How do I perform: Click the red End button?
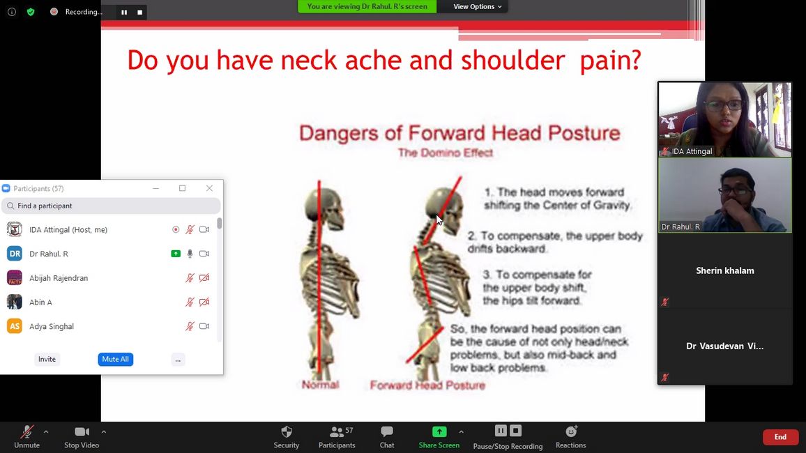click(x=780, y=437)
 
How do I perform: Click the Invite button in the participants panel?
click(x=47, y=359)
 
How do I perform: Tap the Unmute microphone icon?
click(x=26, y=432)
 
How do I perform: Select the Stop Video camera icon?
click(x=82, y=432)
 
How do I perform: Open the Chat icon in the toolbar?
click(x=387, y=431)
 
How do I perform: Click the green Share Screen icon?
click(x=439, y=431)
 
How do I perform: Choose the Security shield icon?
click(x=287, y=431)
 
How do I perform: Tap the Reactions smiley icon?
click(x=571, y=431)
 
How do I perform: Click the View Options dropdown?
click(x=477, y=7)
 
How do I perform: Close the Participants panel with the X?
click(x=209, y=188)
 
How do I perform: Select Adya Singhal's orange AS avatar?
click(x=15, y=326)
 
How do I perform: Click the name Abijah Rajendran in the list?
click(x=59, y=278)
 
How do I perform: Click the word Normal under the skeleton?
click(x=320, y=385)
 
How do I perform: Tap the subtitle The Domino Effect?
click(x=445, y=153)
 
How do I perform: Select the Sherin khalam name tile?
click(x=725, y=270)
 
